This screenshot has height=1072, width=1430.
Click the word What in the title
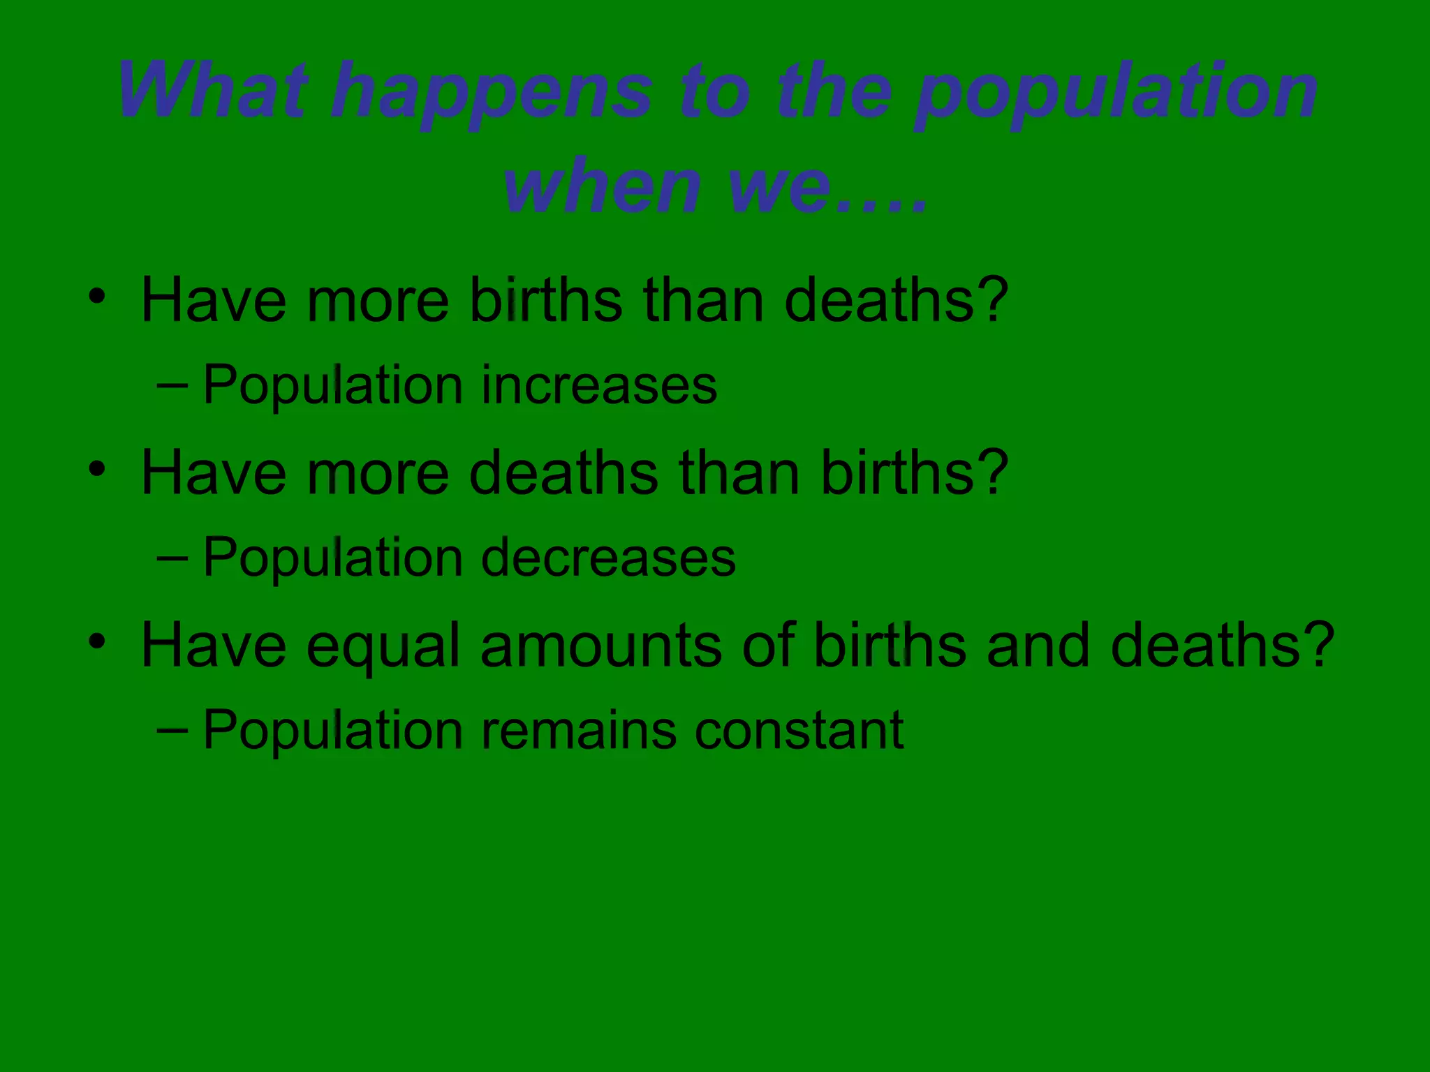tap(213, 91)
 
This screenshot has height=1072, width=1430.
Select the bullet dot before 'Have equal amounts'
tap(97, 640)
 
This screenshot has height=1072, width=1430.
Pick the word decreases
tap(608, 558)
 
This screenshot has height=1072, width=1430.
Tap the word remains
tap(579, 730)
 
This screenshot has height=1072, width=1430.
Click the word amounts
tap(600, 646)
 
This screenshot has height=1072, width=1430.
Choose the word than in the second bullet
tap(739, 472)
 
